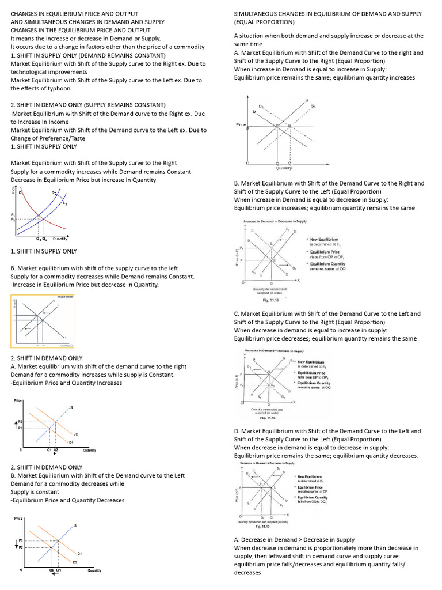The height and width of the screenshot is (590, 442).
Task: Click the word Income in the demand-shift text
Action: [x=56, y=122]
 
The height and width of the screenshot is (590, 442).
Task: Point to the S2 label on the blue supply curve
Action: [x=64, y=203]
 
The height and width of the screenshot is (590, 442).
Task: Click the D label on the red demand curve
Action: [x=20, y=193]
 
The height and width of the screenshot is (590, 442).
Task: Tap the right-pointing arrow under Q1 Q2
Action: [x=52, y=454]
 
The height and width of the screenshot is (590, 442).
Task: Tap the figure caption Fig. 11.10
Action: [x=265, y=526]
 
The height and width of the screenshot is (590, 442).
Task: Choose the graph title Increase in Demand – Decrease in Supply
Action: [x=275, y=222]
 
